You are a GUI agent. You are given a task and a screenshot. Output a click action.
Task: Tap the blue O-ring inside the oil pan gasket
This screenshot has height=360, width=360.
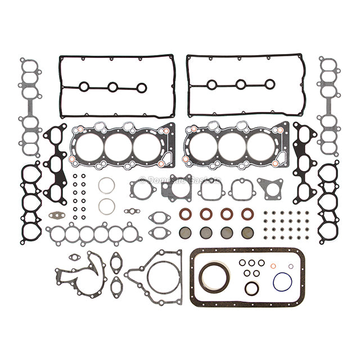[x=282, y=282]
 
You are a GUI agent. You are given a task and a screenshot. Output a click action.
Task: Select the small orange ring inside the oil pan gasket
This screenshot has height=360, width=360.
[x=273, y=265]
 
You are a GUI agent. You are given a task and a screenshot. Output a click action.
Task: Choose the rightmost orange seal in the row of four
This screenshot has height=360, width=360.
[x=247, y=214]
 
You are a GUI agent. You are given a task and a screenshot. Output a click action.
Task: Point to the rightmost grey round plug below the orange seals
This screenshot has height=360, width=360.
[x=247, y=232]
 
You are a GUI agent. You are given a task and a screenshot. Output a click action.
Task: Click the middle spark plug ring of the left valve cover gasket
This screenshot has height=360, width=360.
[x=113, y=87]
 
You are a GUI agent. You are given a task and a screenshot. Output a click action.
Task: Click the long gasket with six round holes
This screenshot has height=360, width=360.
[x=93, y=234]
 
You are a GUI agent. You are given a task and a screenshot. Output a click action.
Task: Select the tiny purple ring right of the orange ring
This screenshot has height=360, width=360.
[x=291, y=265]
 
